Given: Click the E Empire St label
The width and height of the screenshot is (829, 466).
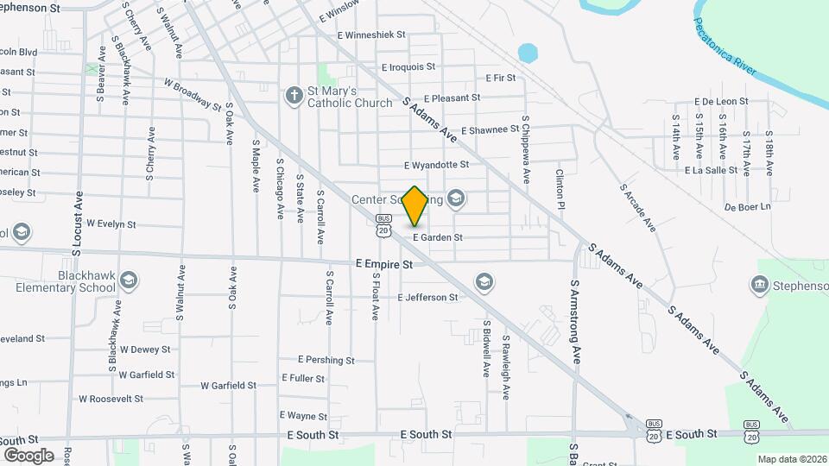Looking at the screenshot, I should (384, 264).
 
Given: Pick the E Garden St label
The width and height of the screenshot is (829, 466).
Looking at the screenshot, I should (437, 237).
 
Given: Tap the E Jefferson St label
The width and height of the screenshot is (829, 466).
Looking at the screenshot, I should (427, 297).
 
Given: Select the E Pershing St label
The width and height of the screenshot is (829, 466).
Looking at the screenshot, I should (326, 360).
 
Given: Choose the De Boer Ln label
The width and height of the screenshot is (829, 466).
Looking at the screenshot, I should (747, 207).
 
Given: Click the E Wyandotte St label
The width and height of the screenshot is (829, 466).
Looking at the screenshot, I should (436, 164).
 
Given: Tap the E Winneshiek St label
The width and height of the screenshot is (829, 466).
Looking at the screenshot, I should (377, 35).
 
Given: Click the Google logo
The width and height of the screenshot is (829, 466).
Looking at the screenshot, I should (28, 455).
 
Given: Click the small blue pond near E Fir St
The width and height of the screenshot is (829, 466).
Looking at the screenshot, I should (528, 53).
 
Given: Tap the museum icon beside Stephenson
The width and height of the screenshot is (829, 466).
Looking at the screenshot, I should (760, 285).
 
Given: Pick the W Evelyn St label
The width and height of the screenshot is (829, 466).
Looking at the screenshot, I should (111, 224).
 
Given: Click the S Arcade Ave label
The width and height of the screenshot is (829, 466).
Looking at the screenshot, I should (637, 208).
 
